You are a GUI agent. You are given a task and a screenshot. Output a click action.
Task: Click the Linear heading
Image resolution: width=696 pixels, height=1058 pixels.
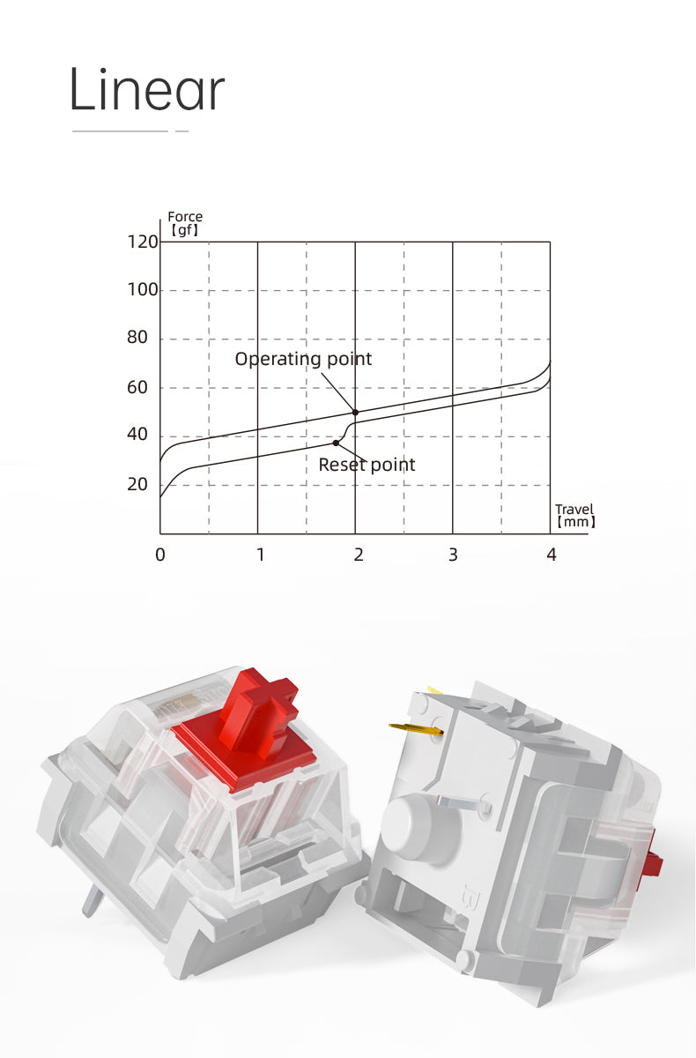point(147,89)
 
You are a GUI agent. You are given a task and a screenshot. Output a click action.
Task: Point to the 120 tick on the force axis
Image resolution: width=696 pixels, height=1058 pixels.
point(143,242)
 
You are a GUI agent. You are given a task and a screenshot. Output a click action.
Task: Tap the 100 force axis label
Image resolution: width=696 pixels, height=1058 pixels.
point(143,289)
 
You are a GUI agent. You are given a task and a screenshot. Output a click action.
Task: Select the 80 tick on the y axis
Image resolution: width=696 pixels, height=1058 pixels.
point(137,338)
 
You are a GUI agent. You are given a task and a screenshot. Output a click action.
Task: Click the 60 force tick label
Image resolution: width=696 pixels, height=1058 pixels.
point(137,388)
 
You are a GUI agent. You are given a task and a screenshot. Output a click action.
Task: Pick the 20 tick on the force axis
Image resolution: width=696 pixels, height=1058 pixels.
point(137,485)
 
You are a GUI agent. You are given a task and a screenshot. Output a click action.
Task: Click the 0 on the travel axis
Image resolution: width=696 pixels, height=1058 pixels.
point(160,555)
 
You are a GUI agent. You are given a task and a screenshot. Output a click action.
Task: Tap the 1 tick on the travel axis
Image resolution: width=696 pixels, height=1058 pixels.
point(260,555)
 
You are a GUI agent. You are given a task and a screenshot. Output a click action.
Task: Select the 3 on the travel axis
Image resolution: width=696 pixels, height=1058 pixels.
point(453,555)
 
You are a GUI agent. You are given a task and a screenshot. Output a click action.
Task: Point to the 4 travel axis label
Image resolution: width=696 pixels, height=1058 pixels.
point(552,555)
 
